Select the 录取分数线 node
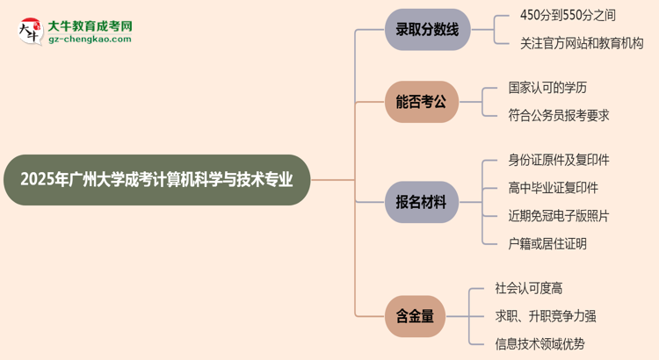pos(427,30)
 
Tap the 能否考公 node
pos(421,102)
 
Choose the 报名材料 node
pos(421,202)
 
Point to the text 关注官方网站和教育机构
pos(582,42)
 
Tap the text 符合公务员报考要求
pos(559,115)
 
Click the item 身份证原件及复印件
pos(559,160)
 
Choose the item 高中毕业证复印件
pos(553,188)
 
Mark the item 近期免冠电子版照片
pos(559,216)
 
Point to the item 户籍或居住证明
pos(547,244)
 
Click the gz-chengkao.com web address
pos(90,40)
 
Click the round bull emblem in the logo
pos(29,32)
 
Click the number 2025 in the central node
pos(38,180)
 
